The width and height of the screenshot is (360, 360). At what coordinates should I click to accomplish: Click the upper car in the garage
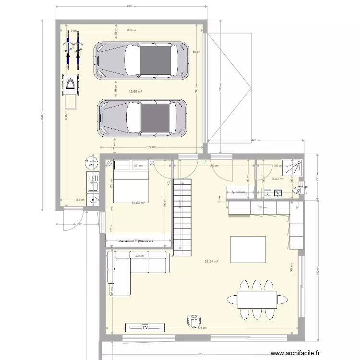click(141, 60)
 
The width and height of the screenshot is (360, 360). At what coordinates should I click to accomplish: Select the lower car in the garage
click(142, 118)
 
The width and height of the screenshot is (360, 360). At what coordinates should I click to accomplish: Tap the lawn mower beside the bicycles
click(71, 88)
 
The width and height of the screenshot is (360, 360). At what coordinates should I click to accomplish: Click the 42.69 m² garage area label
click(135, 91)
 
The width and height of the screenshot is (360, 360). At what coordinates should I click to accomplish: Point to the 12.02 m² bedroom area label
click(138, 203)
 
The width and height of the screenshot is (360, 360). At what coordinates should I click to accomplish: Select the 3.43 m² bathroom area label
click(277, 179)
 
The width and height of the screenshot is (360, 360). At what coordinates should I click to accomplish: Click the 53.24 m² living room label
click(211, 262)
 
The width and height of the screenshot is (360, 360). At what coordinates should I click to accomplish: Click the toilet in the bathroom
click(297, 190)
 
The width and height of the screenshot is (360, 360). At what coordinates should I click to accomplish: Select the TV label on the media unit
click(144, 327)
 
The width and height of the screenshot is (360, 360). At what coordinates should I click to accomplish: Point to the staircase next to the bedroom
click(182, 216)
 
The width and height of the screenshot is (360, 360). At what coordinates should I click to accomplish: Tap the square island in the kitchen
click(248, 249)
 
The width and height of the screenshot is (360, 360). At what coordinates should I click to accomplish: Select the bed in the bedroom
click(131, 185)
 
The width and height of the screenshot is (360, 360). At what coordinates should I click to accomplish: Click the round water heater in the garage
click(91, 163)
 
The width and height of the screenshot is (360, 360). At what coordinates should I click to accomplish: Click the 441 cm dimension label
click(256, 141)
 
